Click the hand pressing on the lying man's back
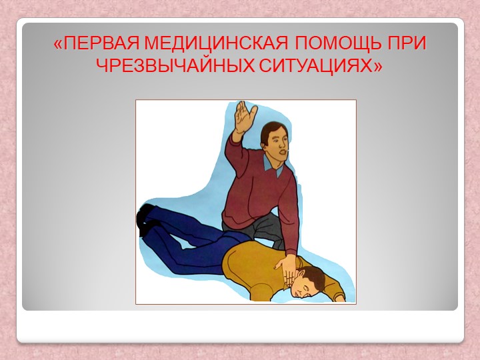[286, 270]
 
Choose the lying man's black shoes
[145, 220]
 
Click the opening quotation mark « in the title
[59, 45]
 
